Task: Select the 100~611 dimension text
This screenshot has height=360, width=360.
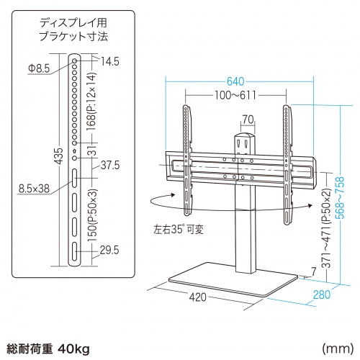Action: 235,95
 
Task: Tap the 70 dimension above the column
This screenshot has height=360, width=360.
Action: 247,120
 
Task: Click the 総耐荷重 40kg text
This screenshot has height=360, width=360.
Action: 46,329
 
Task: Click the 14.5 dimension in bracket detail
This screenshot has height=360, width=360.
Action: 109,60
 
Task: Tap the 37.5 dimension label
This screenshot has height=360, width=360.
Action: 110,165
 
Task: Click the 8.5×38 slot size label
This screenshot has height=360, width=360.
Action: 33,189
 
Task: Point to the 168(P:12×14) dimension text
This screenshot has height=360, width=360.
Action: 92,101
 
